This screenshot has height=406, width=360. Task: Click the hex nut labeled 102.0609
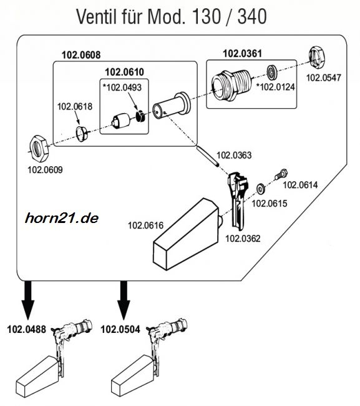(x=39, y=149)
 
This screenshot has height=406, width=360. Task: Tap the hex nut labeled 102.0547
(x=317, y=57)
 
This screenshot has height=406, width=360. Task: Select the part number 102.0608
(x=81, y=55)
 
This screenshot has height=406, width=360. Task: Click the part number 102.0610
(x=124, y=72)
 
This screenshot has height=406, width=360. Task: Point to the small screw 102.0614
(x=281, y=174)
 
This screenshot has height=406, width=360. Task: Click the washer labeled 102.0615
(x=260, y=188)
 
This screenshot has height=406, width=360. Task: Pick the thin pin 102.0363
(x=208, y=157)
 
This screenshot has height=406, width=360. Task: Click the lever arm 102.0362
(x=238, y=201)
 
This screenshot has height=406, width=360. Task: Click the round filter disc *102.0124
(x=272, y=72)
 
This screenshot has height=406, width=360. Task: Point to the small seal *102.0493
(x=140, y=116)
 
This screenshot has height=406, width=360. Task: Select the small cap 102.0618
(x=82, y=134)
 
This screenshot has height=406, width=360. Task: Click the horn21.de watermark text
(x=62, y=218)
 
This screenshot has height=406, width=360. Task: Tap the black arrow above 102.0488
(x=28, y=300)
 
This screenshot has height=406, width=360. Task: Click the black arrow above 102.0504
(x=124, y=300)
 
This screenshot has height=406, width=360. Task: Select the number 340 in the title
(x=253, y=17)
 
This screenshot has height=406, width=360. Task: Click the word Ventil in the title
(x=97, y=17)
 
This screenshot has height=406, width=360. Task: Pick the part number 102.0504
(x=120, y=330)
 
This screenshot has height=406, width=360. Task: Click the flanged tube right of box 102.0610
(x=172, y=106)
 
